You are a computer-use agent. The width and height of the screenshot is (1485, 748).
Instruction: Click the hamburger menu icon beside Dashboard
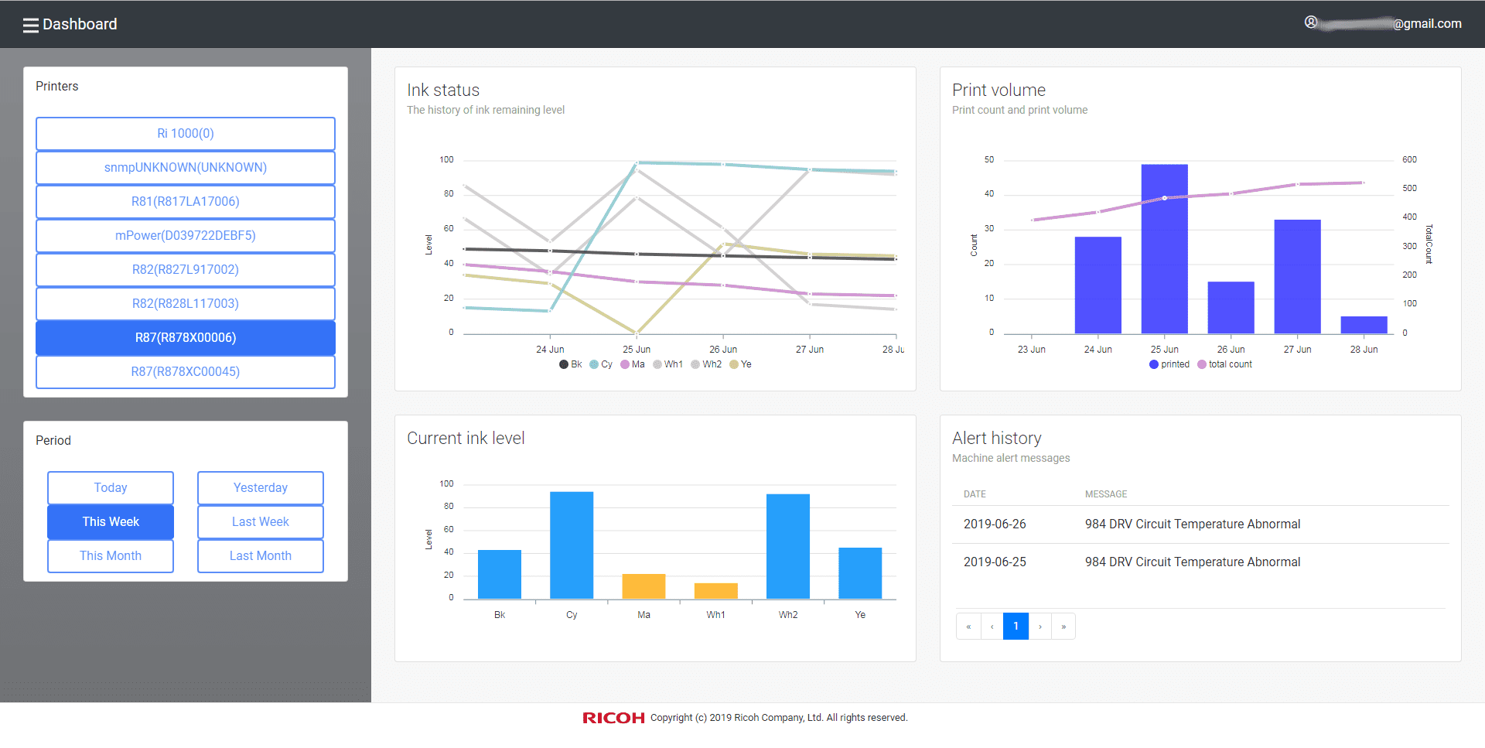pos(30,25)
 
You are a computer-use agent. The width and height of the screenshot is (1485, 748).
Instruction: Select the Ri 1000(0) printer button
pos(186,134)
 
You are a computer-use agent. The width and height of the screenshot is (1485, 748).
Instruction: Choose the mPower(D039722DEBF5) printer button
pos(186,236)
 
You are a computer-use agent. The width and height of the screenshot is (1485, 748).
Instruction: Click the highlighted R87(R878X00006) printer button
pos(186,338)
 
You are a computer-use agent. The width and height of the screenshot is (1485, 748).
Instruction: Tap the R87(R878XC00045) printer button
pos(186,372)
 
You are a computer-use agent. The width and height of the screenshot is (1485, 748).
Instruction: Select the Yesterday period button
pos(260,488)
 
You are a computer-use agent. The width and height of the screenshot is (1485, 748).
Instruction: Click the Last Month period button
pos(260,556)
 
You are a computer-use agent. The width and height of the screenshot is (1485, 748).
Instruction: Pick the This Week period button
pos(111,522)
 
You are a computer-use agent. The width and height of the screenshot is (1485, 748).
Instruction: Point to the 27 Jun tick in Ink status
pos(809,350)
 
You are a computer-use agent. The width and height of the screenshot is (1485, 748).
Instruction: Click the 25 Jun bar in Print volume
pos(1164,248)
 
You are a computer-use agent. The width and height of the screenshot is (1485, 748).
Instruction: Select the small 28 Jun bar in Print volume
pos(1364,325)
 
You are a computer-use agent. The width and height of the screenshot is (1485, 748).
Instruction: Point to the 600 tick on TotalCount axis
pos(1409,160)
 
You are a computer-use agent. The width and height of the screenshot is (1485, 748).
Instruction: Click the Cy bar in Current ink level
pos(572,545)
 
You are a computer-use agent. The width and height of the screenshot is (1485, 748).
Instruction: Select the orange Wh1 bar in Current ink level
pos(715,590)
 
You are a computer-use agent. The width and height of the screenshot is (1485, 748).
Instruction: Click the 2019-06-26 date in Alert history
pos(995,524)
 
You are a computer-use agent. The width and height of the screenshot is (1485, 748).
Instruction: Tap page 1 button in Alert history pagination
pos(1016,627)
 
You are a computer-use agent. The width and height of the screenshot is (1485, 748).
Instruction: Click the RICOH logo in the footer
pos(613,719)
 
